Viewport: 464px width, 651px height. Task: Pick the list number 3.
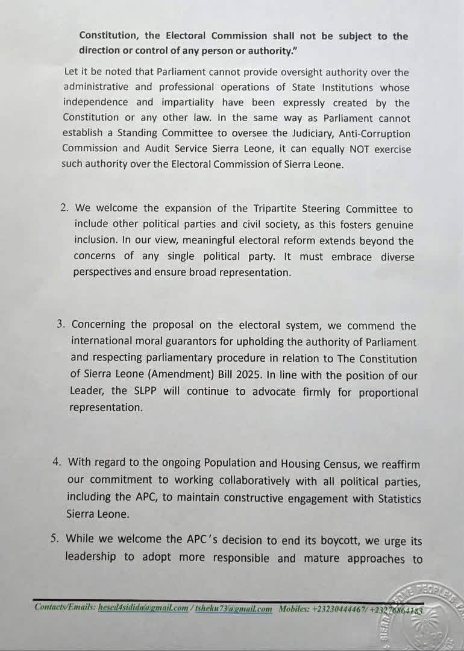coord(61,324)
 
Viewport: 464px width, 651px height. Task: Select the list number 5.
coord(55,538)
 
